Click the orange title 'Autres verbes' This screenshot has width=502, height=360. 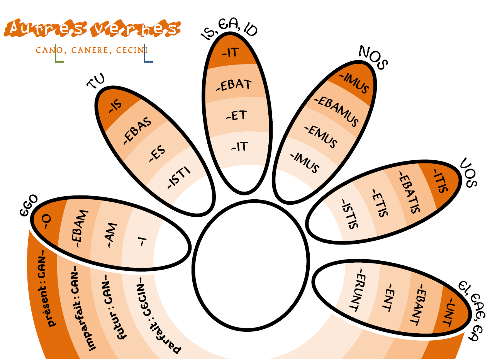(92, 28)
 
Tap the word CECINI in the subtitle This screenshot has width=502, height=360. (132, 50)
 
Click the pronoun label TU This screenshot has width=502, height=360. (96, 81)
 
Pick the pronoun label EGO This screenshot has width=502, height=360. (29, 205)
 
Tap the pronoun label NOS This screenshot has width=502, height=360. (373, 58)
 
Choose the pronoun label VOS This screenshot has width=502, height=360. (468, 173)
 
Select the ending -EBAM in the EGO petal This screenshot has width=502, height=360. (80, 229)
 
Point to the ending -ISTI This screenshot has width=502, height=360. (179, 178)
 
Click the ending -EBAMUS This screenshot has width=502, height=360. (336, 111)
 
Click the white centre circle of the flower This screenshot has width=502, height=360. (251, 266)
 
